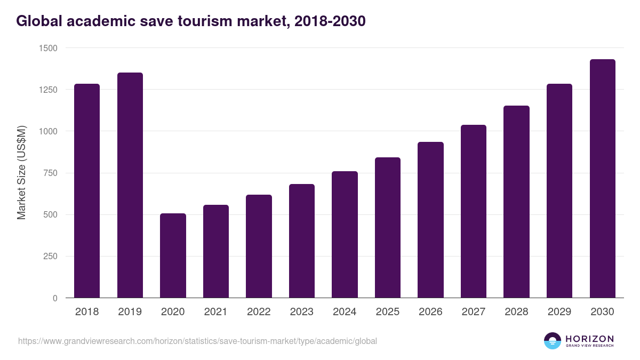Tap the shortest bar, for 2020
(173, 255)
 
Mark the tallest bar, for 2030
(602, 179)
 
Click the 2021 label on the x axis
(215, 312)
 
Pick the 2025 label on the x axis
(387, 312)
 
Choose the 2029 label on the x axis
(559, 312)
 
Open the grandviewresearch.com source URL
(197, 341)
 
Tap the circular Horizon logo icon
(552, 341)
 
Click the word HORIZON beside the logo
(589, 338)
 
